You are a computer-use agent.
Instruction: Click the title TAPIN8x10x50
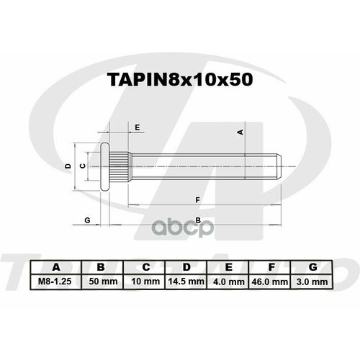pos(180,81)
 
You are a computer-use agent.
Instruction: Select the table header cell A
pos(58,268)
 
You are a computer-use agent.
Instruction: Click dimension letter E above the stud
pos(136,127)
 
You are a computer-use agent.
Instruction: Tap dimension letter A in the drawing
pos(241,132)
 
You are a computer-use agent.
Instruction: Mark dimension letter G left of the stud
pos(86,218)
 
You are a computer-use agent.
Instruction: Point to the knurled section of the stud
pos(122,166)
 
